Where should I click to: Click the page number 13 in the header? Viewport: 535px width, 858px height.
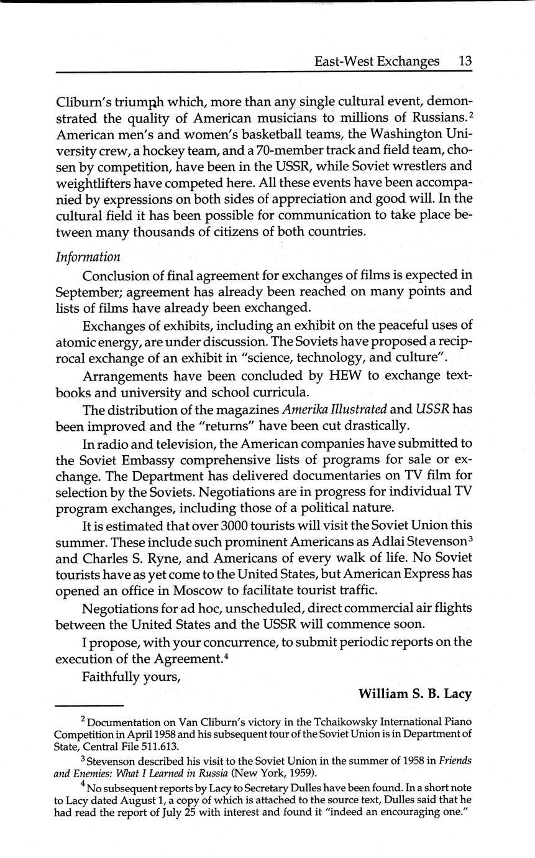coord(465,61)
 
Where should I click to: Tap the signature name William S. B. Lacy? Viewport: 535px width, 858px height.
coord(415,694)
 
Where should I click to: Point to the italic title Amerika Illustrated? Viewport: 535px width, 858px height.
coord(336,409)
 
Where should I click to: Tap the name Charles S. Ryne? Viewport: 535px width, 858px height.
coord(129,558)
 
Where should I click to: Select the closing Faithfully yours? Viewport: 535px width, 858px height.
coord(131,676)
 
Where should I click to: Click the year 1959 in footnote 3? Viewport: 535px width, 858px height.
coord(302,773)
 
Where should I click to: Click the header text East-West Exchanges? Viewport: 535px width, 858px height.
coord(377,61)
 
